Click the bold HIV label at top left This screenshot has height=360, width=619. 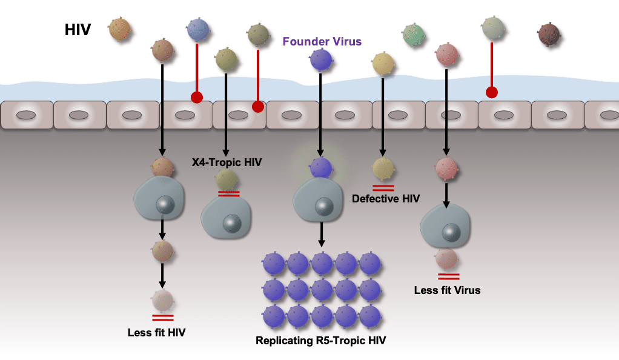(78, 30)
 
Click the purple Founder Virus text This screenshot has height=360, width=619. (322, 41)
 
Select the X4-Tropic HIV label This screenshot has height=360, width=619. (227, 162)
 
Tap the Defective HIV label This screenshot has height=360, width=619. (386, 198)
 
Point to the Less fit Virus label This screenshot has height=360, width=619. (447, 290)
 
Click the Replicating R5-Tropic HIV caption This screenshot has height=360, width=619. (320, 341)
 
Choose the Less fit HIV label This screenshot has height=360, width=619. (156, 333)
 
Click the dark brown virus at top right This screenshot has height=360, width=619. (549, 35)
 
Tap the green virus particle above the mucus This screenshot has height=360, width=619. (413, 35)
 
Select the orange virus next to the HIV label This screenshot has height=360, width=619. (119, 29)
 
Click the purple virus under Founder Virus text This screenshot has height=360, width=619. (321, 60)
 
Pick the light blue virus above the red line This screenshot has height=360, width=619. (198, 30)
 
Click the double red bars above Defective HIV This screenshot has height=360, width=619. (383, 188)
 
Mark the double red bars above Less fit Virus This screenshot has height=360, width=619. (449, 276)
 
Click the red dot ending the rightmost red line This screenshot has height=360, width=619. (491, 93)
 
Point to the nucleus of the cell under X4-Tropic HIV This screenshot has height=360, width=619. (232, 224)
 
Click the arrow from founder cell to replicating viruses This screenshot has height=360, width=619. (322, 235)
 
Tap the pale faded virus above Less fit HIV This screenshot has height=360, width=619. (163, 301)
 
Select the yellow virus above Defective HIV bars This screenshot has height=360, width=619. (383, 168)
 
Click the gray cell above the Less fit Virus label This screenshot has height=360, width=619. (445, 226)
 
